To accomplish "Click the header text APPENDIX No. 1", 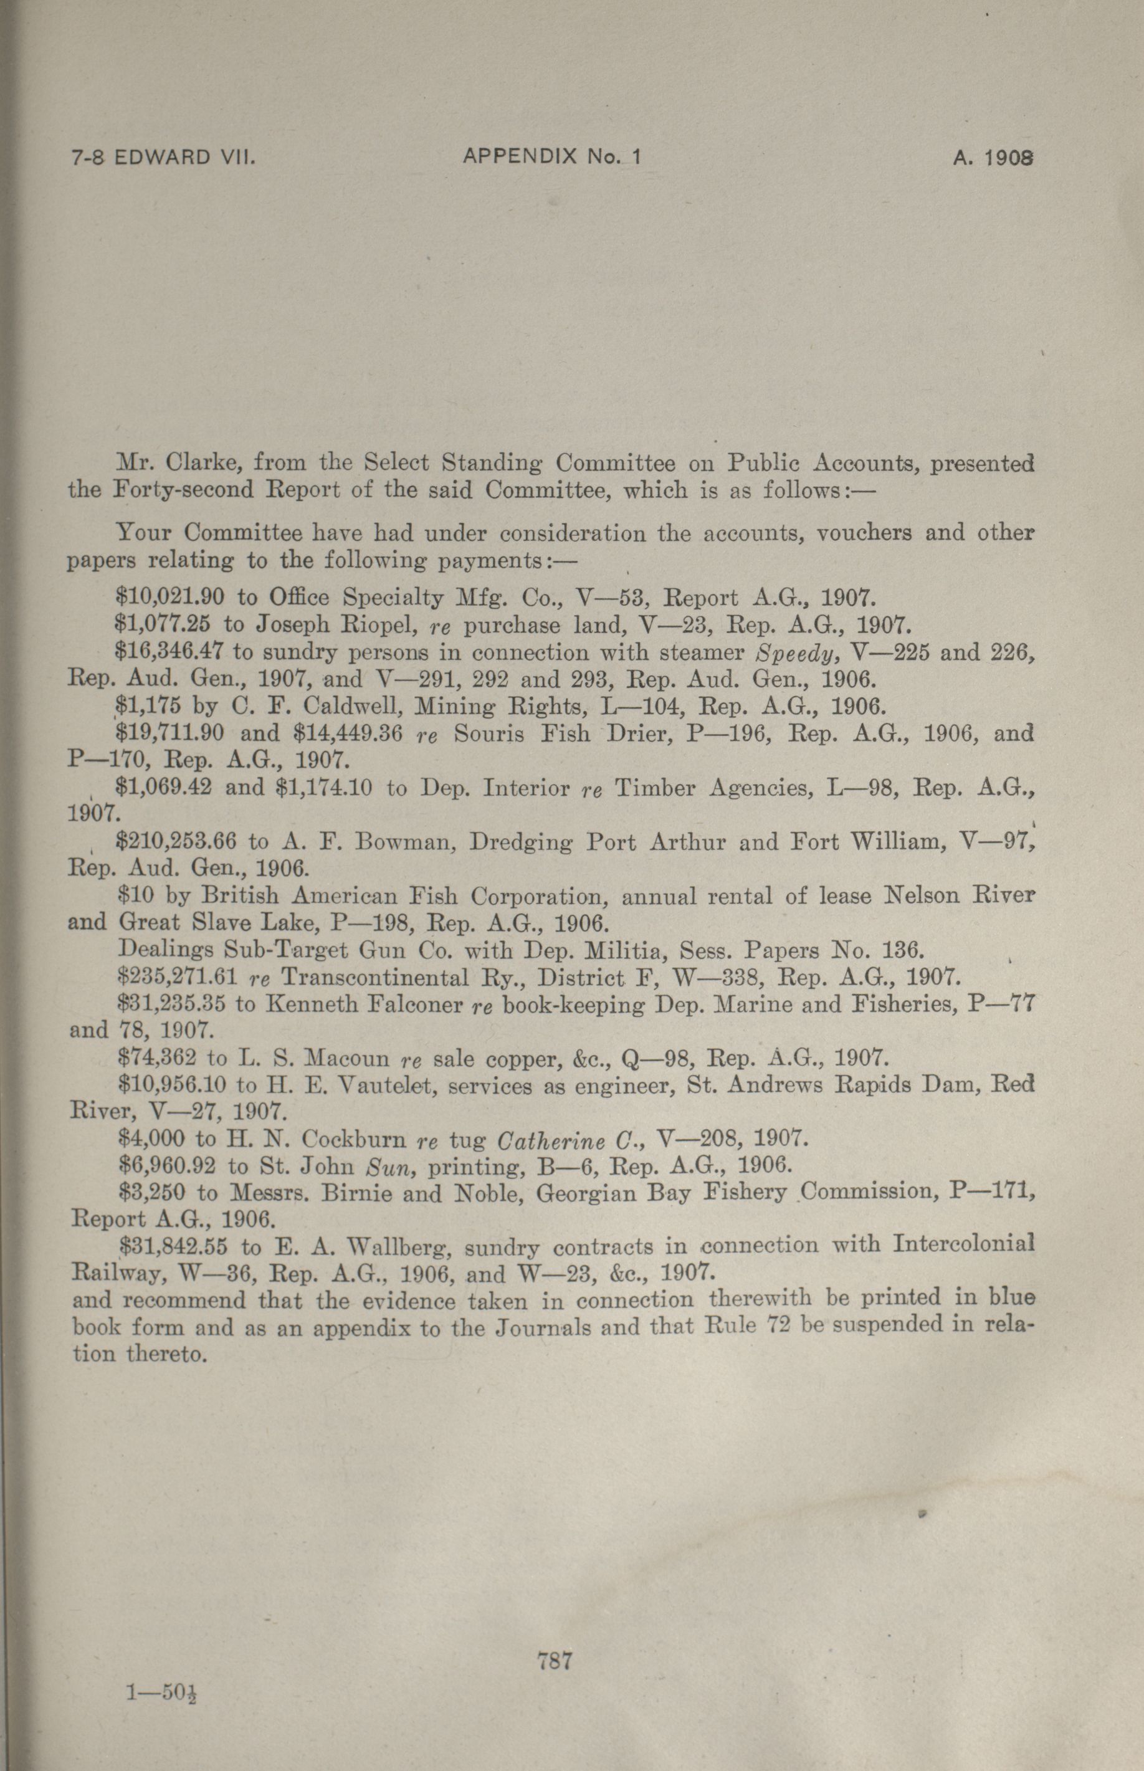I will click(551, 157).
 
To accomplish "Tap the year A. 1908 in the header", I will click(993, 158).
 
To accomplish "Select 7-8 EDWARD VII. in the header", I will click(163, 158).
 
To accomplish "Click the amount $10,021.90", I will click(170, 597).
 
